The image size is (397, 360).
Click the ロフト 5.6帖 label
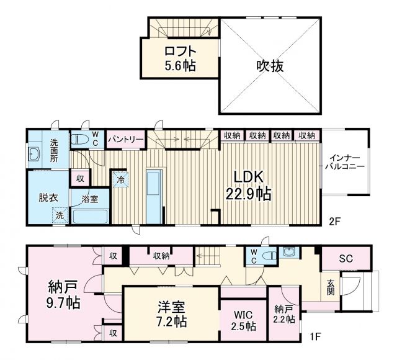(181, 58)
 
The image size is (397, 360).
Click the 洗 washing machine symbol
(60, 215)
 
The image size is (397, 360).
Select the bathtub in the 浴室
(91, 217)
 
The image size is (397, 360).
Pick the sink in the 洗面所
(34, 155)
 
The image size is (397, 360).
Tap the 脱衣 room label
(47, 197)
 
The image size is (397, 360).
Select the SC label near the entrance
(346, 258)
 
